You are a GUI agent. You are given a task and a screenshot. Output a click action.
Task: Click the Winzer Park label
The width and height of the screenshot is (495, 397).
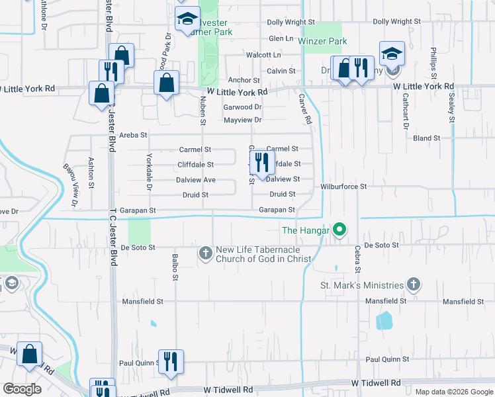322,41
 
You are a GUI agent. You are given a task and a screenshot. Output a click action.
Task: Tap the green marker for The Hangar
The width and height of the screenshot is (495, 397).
339,230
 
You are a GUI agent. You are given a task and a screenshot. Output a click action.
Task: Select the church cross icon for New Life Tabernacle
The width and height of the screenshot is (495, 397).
205,253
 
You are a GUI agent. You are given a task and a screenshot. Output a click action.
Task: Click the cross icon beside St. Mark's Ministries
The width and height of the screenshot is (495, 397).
413,285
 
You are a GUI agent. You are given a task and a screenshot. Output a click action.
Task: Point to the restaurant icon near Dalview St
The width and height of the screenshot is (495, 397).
262,162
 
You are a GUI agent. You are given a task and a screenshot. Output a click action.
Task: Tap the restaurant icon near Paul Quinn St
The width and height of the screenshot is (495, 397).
171,361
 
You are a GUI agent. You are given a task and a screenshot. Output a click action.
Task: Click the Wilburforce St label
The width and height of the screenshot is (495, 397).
343,187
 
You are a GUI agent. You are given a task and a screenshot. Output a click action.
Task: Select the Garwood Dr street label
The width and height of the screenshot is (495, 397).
243,107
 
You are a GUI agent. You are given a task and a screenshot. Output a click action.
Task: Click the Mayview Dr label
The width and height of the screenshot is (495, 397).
243,120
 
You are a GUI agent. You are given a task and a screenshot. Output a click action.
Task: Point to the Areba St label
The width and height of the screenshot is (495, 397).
133,135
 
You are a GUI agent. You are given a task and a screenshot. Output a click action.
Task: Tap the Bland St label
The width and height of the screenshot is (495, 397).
426,138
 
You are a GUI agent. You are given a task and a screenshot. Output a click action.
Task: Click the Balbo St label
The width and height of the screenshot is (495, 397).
175,267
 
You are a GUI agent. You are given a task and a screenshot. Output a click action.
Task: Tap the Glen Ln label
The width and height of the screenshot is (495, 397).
281,38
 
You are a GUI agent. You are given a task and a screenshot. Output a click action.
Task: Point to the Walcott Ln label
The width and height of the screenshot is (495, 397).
263,55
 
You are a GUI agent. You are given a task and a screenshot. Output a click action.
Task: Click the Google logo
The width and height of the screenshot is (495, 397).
22,389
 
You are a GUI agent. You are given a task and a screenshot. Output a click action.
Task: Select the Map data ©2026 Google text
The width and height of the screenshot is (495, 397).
453,391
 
